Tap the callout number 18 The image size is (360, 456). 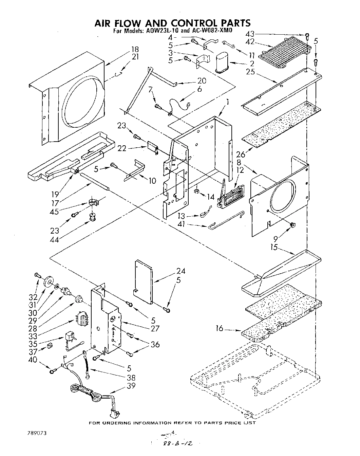coord(135,50)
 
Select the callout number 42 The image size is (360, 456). coord(250,42)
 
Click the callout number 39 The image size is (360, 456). coord(130,386)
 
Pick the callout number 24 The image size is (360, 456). coord(181,271)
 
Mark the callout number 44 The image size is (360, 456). coord(54,240)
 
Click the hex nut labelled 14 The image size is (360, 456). coord(196,193)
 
